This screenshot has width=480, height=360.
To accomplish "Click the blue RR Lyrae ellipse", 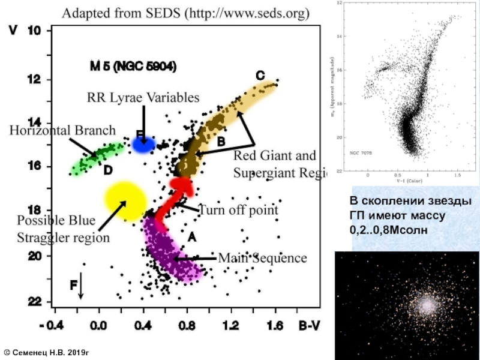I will (143, 144).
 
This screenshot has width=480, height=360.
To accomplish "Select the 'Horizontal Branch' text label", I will (62, 130).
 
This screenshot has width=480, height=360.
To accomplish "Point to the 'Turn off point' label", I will (238, 210).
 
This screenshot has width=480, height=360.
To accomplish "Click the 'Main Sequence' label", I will (262, 258).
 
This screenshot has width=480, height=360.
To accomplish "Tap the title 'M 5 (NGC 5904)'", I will (133, 67).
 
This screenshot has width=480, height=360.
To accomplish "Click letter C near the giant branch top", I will (260, 76).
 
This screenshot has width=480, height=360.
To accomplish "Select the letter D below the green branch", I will (107, 170).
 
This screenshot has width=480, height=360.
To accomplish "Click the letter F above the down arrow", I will (73, 286).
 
